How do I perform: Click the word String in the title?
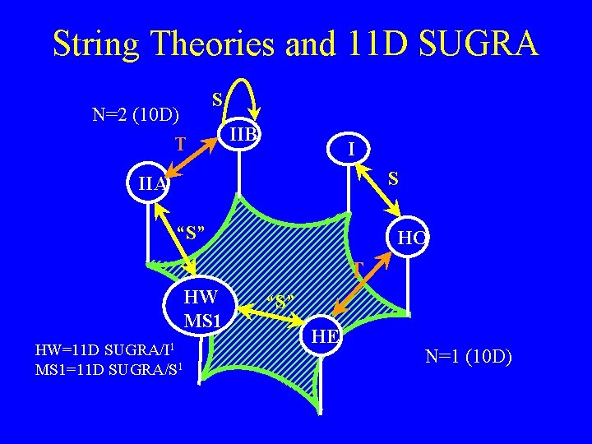pos(97,43)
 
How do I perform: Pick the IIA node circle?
pos(150,185)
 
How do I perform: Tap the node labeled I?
pos(351,149)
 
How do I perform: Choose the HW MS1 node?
pos(201,307)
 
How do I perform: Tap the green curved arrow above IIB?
pos(243,95)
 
